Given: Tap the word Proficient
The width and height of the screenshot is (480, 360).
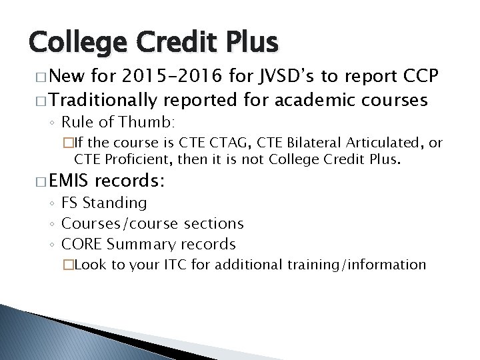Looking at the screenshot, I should coord(151,159).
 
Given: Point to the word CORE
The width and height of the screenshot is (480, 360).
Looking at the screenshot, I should coord(81,244).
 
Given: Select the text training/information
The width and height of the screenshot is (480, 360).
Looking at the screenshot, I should coord(357,265).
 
